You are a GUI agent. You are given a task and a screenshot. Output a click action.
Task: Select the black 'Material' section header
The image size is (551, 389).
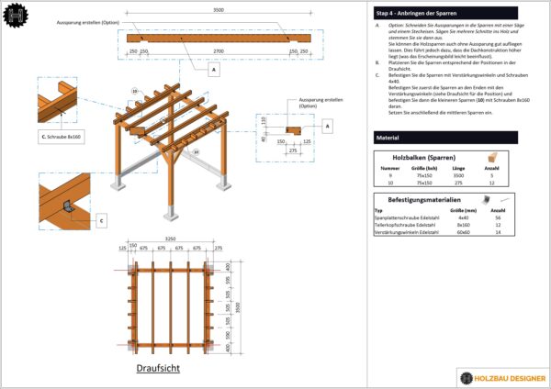click(387, 137)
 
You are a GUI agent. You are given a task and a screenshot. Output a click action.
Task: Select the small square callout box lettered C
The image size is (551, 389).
click(101, 220)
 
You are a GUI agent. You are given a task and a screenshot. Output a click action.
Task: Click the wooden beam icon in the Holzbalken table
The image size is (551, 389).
click(492, 158)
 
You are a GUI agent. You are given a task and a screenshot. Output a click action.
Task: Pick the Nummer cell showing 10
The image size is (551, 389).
click(390, 183)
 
